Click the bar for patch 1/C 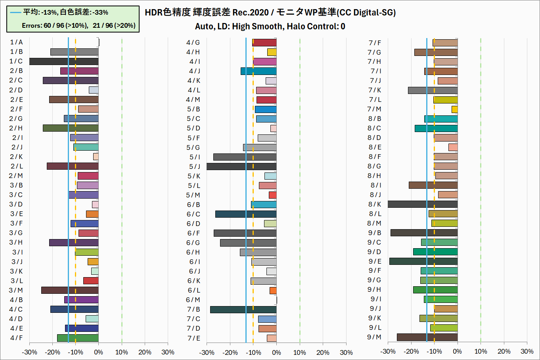pyautogui.click(x=63, y=61)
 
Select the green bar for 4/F pyautogui.click(x=78, y=338)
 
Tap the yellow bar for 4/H pyautogui.click(x=272, y=52)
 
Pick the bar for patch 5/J pyautogui.click(x=241, y=167)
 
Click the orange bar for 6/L pyautogui.click(x=273, y=291)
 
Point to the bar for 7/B pyautogui.click(x=243, y=310)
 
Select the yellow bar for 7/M pyautogui.click(x=454, y=109)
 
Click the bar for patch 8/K pyautogui.click(x=423, y=204)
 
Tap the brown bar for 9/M pyautogui.click(x=427, y=337)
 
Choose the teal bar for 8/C pyautogui.click(x=436, y=128)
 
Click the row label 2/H pyautogui.click(x=16, y=128)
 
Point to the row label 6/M pyautogui.click(x=193, y=300)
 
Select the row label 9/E pyautogui.click(x=375, y=261)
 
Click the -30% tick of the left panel pyautogui.click(x=29, y=352)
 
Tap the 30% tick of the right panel pyautogui.click(x=527, y=351)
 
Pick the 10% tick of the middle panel pyautogui.click(x=299, y=352)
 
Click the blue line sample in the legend pyautogui.click(x=15, y=12)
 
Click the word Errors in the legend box pyautogui.click(x=32, y=25)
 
